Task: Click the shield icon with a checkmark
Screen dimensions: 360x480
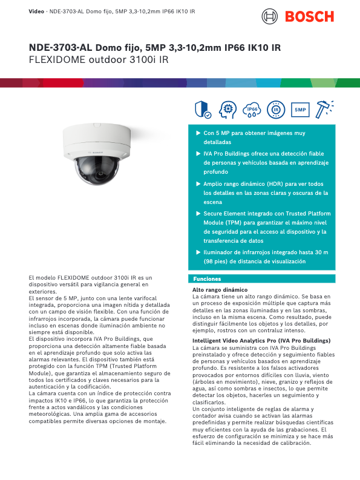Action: [202, 110]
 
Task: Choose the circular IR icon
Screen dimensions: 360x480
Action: [275, 110]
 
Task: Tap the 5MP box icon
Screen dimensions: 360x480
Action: [301, 110]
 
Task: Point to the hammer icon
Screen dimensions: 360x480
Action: [325, 108]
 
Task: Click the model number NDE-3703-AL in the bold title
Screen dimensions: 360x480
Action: [60, 48]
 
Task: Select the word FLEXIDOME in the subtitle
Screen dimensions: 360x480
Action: [57, 60]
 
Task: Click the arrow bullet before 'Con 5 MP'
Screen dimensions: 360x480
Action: [198, 132]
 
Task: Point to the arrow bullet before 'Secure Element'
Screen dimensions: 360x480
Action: [198, 213]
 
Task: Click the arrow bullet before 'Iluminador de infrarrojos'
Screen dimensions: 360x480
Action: [198, 252]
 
